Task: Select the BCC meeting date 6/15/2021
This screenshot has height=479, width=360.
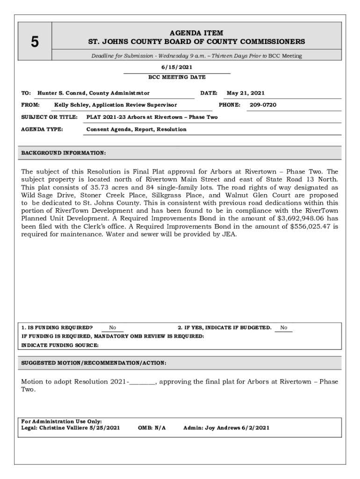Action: pos(177,67)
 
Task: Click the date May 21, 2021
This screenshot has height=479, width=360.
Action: pos(245,93)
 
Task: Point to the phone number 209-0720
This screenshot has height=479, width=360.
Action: pos(263,105)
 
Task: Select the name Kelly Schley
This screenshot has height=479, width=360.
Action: pos(72,105)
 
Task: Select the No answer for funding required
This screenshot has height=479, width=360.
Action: pos(113,328)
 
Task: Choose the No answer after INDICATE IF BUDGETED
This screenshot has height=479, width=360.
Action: pos(284,328)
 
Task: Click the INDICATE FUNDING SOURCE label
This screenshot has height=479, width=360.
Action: pos(60,345)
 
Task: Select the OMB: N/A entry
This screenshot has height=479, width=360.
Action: pos(152,428)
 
